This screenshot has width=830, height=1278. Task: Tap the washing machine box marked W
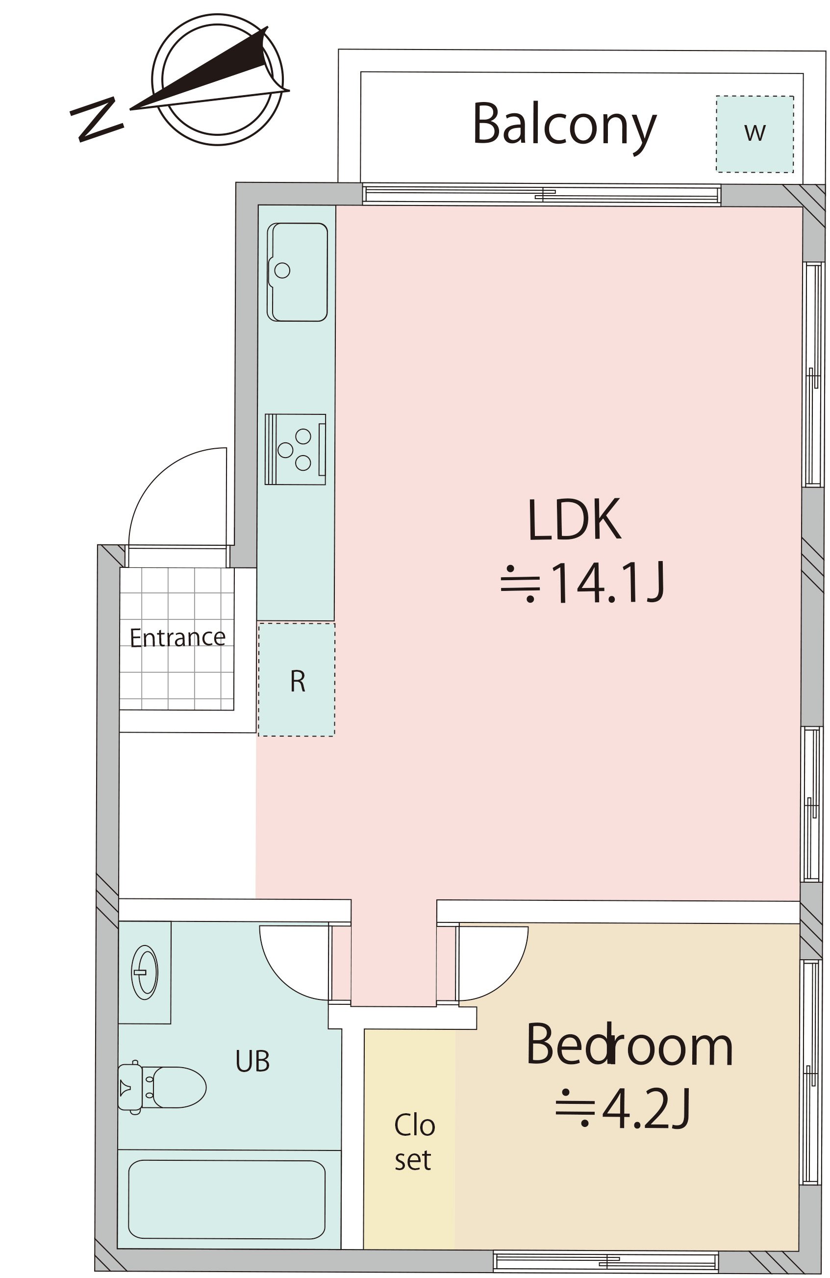pos(755,134)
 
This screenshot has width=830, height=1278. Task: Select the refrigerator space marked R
pos(296,679)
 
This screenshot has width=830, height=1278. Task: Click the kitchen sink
pos(298,272)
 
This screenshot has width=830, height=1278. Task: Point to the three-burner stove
pos(295,449)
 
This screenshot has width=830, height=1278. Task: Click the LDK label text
pos(575,520)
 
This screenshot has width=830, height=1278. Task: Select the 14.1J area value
pos(583,583)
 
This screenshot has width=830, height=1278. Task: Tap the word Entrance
pos(177,638)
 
